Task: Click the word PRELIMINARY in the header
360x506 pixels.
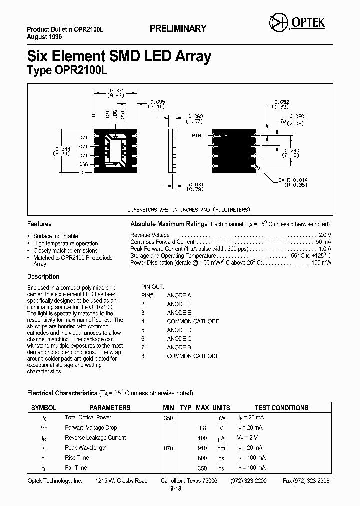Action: [178, 29]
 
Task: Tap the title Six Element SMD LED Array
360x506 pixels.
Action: [119, 56]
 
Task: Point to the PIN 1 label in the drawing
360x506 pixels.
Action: [199, 136]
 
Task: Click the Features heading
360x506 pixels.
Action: [39, 224]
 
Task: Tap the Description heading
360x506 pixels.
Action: [43, 277]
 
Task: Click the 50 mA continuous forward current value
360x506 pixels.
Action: [322, 242]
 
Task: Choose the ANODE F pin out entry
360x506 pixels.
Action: [179, 304]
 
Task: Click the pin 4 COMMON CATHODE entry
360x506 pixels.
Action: [193, 321]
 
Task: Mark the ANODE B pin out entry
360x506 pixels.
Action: [179, 347]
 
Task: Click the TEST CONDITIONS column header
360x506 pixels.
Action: [281, 408]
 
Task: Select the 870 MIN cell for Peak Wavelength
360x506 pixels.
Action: [168, 448]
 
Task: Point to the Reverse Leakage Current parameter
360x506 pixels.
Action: [95, 438]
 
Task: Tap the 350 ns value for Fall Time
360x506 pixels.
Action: [202, 468]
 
